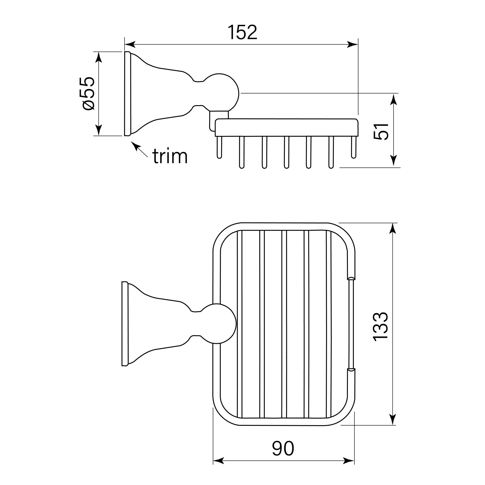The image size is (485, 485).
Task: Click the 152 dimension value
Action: coord(242,32)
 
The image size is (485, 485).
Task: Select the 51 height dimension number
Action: coord(381,131)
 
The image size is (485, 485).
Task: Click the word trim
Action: coord(170,156)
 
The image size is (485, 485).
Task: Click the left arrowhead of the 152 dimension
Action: coord(130,45)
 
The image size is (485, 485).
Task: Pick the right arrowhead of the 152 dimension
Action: coord(352,45)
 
